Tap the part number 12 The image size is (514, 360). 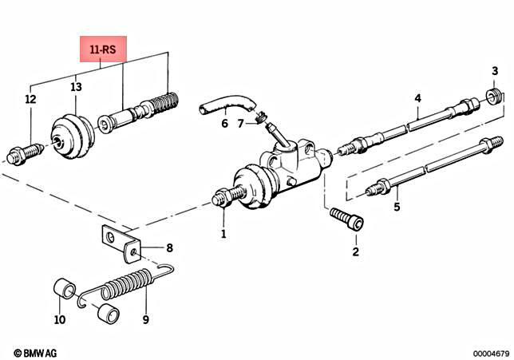point(30,100)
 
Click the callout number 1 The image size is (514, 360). point(223,234)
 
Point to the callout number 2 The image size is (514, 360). point(356,252)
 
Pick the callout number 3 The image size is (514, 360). point(495,73)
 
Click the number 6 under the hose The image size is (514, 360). point(224,124)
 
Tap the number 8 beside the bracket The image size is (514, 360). point(168,248)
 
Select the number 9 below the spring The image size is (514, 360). point(145,321)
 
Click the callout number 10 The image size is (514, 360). point(60,321)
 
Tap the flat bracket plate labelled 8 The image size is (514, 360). point(120,242)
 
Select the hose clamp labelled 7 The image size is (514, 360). point(258,120)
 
